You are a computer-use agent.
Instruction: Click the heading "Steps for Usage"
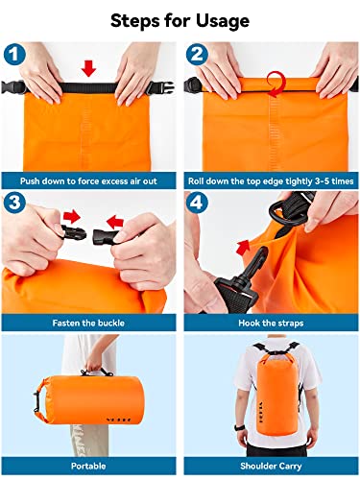click(x=180, y=20)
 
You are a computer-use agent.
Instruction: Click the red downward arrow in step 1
click(x=89, y=68)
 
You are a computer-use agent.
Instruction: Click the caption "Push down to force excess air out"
click(x=90, y=179)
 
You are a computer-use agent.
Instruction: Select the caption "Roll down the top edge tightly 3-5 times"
click(x=271, y=179)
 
